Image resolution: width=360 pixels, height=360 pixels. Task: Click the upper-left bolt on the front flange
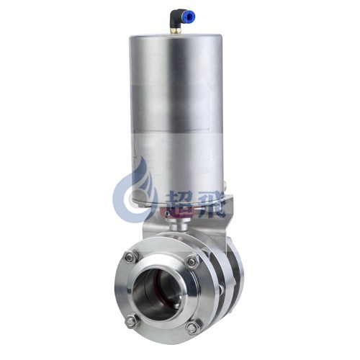[x=131, y=258]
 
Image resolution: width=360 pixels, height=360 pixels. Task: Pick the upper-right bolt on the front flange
[x=193, y=261]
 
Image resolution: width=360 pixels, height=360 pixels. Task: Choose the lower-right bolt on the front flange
[x=193, y=327]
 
